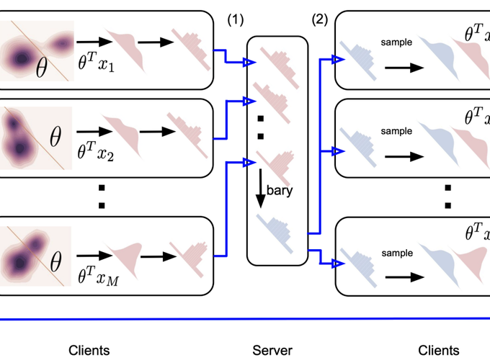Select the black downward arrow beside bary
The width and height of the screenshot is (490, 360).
point(260,189)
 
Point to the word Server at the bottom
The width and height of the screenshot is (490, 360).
point(272,351)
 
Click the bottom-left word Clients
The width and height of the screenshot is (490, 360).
point(89,351)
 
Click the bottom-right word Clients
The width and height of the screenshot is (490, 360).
point(437,351)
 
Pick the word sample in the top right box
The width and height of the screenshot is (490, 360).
point(396,42)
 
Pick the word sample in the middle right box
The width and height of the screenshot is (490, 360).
point(396,132)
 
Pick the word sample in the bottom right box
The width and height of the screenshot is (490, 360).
point(396,253)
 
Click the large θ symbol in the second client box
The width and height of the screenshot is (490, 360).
point(55,134)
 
